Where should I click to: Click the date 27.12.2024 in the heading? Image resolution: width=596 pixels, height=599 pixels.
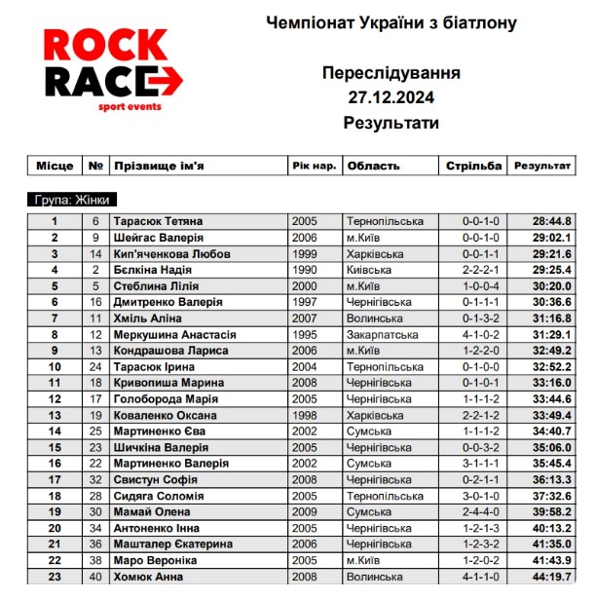click(x=391, y=97)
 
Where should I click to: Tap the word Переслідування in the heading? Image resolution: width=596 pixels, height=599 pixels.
click(x=391, y=73)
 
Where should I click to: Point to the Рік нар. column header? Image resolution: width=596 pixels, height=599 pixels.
click(x=315, y=167)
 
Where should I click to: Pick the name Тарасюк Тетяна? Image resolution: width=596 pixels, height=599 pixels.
click(x=159, y=222)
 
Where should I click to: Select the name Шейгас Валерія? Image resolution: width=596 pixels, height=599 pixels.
click(x=160, y=238)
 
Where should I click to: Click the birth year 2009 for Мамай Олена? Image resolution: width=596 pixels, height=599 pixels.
click(x=304, y=511)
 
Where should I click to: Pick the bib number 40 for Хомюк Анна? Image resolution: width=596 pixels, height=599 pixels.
click(x=95, y=576)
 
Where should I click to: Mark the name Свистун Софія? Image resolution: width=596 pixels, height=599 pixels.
click(x=155, y=479)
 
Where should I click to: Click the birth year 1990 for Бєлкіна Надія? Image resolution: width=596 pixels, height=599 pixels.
click(x=304, y=270)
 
